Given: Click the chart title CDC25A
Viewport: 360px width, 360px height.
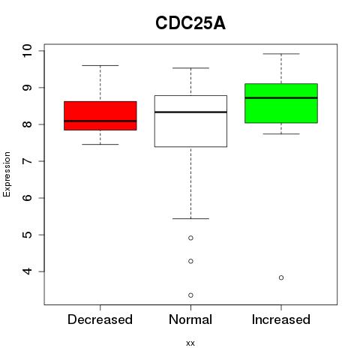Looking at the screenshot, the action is coord(190,23).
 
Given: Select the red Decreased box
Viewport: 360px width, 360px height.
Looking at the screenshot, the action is coord(100,115).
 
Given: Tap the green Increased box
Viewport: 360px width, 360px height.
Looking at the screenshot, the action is coord(281,103).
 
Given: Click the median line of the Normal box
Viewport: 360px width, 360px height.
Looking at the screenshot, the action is coord(190,112).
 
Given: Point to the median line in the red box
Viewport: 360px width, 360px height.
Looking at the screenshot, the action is coord(100,121).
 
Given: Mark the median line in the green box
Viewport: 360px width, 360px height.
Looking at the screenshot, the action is coord(281,97).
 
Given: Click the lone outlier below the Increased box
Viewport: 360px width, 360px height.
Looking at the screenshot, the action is coord(281,277).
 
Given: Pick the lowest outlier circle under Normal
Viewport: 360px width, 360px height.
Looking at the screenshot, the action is coord(190,295).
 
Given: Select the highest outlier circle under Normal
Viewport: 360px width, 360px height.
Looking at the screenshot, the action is coord(190,238).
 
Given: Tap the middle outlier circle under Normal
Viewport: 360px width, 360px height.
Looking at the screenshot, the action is coord(190,261).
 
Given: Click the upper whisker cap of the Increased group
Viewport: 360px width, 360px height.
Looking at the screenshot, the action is coord(281,54).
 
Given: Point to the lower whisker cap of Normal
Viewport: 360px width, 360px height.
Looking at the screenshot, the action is coord(190,219).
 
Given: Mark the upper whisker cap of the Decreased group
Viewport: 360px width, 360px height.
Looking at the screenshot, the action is coord(100,65).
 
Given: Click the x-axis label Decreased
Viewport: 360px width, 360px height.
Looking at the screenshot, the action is coord(100,319).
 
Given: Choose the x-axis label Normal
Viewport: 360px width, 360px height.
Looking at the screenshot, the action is coord(190,319).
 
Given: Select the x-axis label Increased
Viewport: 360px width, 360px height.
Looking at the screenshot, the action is coord(281,319).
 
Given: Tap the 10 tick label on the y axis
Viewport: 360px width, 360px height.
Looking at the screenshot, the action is coord(27,51).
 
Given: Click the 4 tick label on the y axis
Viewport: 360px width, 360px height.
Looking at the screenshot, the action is coord(27,271).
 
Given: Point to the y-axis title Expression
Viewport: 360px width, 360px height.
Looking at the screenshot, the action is coord(7,174).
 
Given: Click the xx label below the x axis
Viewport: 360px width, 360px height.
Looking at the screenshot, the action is coord(190,343).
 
